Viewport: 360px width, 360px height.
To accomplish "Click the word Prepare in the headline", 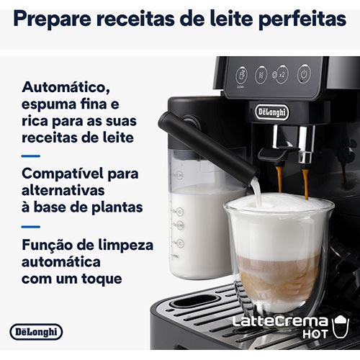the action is (53, 19).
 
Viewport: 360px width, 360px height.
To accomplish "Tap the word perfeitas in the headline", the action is (302, 19).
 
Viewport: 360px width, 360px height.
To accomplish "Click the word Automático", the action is (66, 87).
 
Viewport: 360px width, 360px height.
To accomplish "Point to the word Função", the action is (47, 246).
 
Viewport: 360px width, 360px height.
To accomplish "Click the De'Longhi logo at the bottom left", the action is (36, 332).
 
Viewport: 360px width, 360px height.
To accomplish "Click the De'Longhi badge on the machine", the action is (272, 112).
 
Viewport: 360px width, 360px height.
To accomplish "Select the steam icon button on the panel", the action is (261, 75).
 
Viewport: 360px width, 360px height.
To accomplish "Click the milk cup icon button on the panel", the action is (241, 76).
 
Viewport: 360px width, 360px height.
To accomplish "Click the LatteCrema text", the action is (280, 321).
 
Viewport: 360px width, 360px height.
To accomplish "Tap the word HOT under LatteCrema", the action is (315, 334).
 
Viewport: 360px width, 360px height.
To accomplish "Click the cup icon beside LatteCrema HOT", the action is (340, 327).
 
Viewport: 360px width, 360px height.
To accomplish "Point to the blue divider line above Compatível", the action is (31, 156).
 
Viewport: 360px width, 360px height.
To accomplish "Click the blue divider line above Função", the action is (31, 227).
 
